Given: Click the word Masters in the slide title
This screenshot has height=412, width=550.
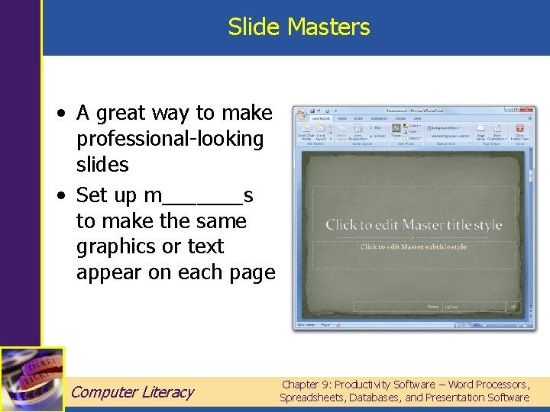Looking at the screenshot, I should click(x=328, y=27).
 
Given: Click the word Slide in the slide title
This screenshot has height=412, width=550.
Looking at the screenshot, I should click(x=254, y=27).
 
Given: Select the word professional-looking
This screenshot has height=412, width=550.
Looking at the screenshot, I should click(x=170, y=139).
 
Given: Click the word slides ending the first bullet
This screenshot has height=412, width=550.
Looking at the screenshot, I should click(x=102, y=164).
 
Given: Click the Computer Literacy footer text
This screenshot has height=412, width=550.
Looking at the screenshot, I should click(x=132, y=392).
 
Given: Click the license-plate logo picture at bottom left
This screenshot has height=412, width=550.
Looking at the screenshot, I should click(x=31, y=379).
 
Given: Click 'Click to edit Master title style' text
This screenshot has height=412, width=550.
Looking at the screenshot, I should click(x=413, y=224).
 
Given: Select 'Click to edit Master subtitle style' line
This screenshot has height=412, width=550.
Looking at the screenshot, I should click(x=413, y=246).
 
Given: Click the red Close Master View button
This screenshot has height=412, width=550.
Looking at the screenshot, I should click(x=519, y=129).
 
